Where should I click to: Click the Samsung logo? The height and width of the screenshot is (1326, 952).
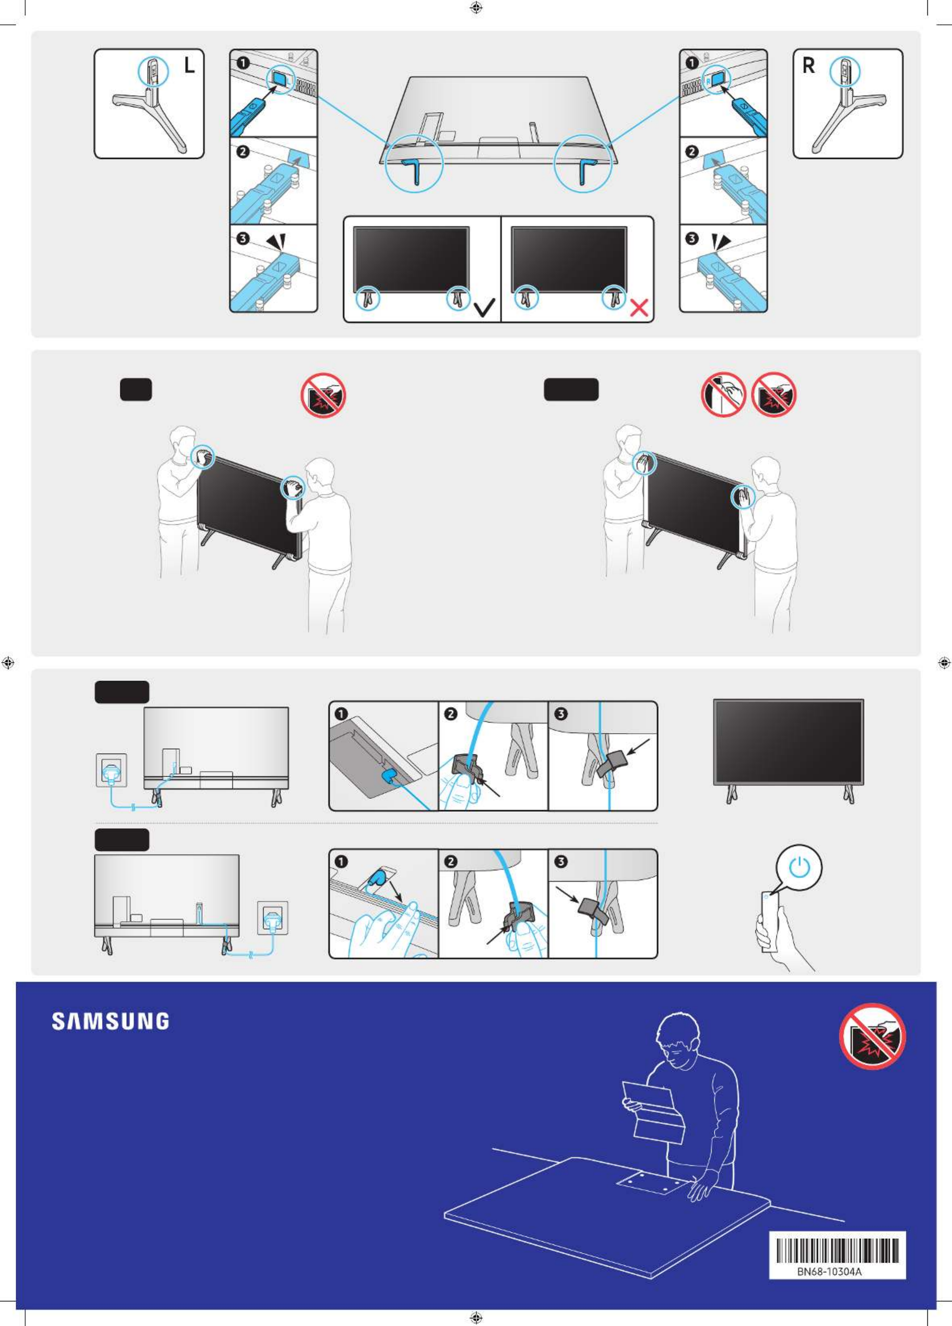(111, 1021)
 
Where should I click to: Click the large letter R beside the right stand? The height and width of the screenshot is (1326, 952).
(808, 65)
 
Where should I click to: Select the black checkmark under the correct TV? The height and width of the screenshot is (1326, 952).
(484, 307)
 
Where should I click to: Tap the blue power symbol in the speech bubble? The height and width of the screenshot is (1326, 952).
(799, 868)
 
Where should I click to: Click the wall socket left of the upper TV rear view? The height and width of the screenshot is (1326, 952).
(112, 771)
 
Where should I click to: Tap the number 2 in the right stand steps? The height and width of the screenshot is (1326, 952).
(692, 151)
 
